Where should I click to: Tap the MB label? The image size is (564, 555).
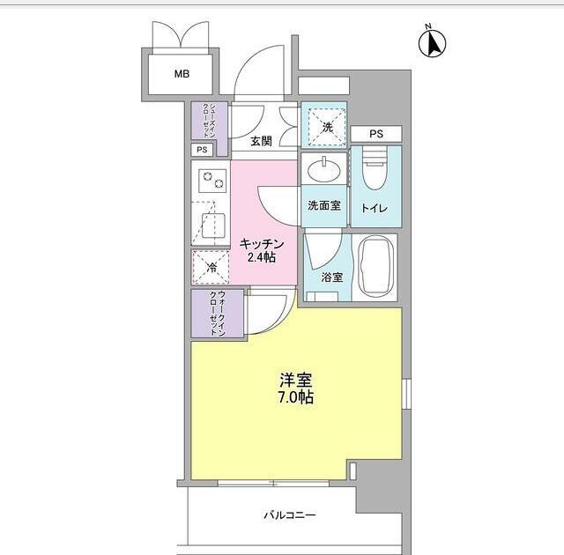(x=181, y=74)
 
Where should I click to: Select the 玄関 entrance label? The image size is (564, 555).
(x=260, y=141)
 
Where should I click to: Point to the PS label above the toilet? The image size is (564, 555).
(x=376, y=134)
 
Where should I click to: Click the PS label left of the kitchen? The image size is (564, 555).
(x=202, y=150)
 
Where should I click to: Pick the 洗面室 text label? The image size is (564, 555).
(x=324, y=206)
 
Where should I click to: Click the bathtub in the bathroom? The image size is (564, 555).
(x=377, y=266)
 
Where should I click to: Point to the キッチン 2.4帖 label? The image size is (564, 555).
(x=261, y=250)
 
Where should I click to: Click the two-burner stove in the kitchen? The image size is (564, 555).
(x=211, y=182)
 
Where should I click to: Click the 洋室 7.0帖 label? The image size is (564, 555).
(x=296, y=388)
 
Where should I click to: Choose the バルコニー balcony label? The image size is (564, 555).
(x=290, y=515)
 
